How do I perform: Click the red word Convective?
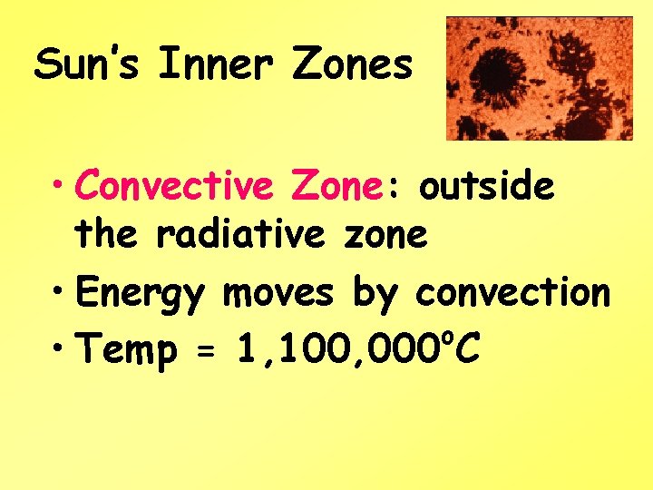[x=175, y=186]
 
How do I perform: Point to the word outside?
[x=486, y=186]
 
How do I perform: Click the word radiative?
[x=239, y=234]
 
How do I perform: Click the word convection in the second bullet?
[x=512, y=293]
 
